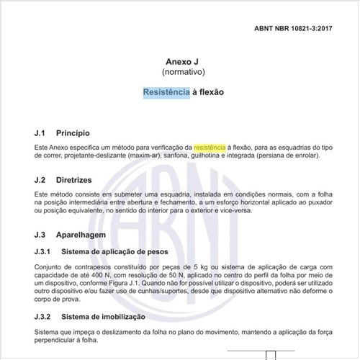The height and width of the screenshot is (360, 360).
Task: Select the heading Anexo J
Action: pyautogui.click(x=180, y=62)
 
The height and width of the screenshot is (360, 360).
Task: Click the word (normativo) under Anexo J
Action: pyautogui.click(x=180, y=73)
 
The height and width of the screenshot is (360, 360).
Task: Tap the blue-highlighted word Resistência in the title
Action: pyautogui.click(x=166, y=93)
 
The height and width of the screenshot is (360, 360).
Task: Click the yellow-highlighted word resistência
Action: pyautogui.click(x=210, y=147)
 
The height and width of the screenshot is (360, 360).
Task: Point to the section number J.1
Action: pyautogui.click(x=41, y=133)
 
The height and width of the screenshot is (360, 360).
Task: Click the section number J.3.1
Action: pyautogui.click(x=44, y=251)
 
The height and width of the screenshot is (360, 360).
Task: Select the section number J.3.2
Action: pyautogui.click(x=44, y=316)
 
